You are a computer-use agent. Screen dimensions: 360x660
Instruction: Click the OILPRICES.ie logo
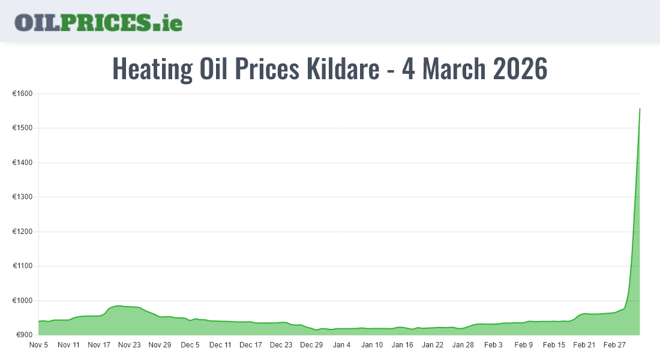click(98, 22)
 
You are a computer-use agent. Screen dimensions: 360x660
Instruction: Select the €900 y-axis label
click(24, 335)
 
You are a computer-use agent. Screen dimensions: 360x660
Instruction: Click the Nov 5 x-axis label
click(38, 345)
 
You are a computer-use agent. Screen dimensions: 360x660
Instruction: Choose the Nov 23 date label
click(129, 345)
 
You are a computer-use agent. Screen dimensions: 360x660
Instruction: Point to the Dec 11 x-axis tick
click(220, 345)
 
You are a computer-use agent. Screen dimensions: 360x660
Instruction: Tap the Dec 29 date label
click(311, 345)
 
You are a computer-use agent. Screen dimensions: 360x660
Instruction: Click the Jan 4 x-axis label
click(342, 345)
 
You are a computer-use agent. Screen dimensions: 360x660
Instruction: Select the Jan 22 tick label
click(433, 345)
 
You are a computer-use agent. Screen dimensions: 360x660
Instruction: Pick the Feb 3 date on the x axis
click(493, 345)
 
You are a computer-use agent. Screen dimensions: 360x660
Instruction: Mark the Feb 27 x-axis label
click(614, 345)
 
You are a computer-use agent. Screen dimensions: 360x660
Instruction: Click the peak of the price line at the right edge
click(640, 109)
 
